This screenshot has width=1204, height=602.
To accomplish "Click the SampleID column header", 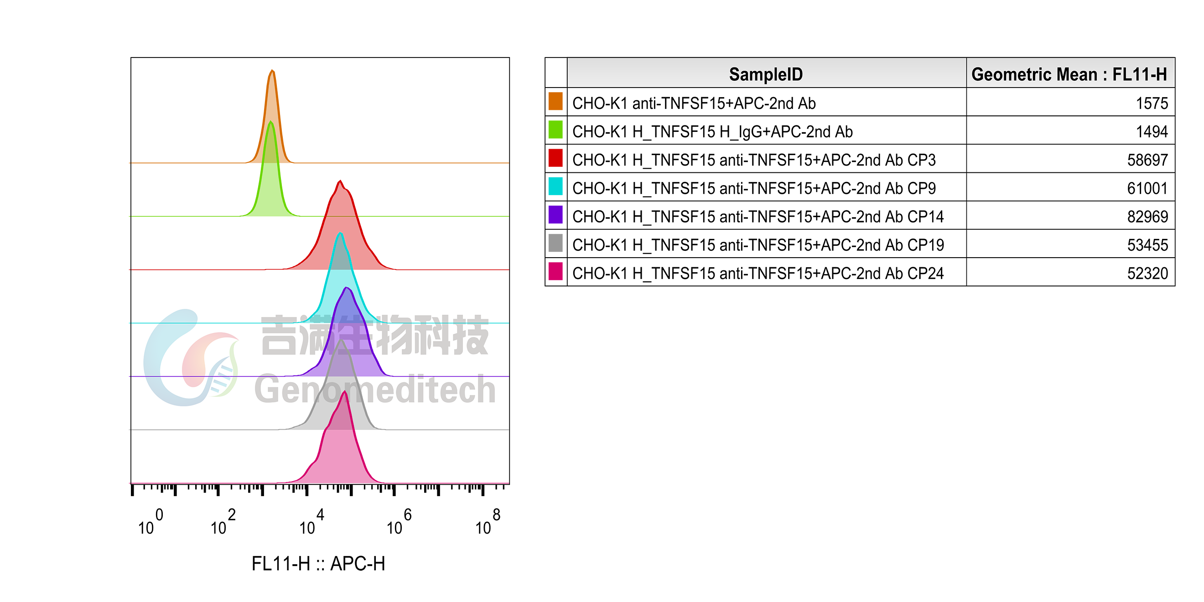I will (766, 74).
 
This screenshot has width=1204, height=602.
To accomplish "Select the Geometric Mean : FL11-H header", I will (1069, 74).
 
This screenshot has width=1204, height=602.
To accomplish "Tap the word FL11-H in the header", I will (1139, 74).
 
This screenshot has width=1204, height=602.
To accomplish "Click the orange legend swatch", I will (555, 101).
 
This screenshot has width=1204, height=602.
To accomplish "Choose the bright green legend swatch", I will (555, 130).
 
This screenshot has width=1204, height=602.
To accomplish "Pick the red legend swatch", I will (555, 158).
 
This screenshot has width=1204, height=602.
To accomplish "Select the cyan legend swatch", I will (555, 187).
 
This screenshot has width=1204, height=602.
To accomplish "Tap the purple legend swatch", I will (555, 214).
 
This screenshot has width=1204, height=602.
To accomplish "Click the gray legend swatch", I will (555, 243).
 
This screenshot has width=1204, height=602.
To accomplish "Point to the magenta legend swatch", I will (555, 271).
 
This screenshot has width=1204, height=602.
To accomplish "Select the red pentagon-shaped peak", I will (341, 195).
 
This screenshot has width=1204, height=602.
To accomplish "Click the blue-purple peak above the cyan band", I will (346, 308).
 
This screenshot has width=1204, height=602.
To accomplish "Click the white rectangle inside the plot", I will (419, 110).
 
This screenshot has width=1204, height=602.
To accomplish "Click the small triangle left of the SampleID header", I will (561, 73).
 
